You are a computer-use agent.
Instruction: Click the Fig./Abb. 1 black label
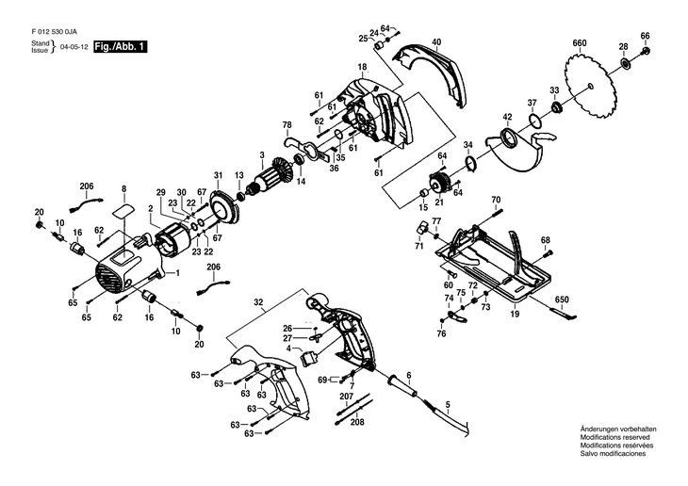point(121,46)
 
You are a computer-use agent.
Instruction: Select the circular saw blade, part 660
point(591,85)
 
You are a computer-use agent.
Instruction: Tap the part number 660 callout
point(580,43)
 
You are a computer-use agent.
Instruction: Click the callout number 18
point(362,67)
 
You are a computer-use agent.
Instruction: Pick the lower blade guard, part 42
point(517,152)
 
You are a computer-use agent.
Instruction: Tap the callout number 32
point(258,302)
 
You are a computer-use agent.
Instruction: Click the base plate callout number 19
point(515,314)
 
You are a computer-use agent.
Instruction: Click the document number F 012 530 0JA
point(54,32)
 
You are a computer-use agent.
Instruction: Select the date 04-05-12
point(74,47)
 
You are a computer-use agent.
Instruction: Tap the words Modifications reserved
point(614,437)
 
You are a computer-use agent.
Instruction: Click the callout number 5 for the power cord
point(448,406)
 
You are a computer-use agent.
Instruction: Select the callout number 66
point(645,36)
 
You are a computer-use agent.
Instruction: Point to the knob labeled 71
point(422,228)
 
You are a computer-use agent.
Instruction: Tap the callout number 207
point(347,397)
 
